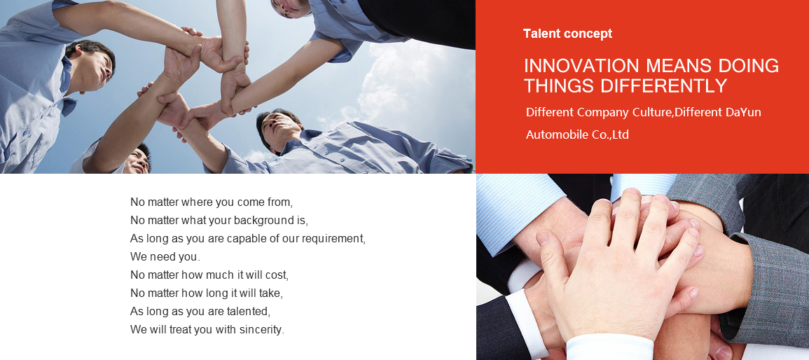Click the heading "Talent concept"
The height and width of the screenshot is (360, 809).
pos(567,34)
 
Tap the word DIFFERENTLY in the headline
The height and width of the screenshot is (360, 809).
pos(664,85)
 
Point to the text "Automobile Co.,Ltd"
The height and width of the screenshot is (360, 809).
pos(577,134)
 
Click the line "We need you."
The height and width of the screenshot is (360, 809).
pos(165,256)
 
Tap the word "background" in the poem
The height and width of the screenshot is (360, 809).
pos(263,221)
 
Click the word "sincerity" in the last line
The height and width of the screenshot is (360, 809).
pos(261,330)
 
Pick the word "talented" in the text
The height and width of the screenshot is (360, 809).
pos(248,312)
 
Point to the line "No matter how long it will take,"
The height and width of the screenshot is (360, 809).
pos(207,293)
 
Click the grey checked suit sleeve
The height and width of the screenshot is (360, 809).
pos(774,279)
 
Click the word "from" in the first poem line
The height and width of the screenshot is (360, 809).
pos(279,202)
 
